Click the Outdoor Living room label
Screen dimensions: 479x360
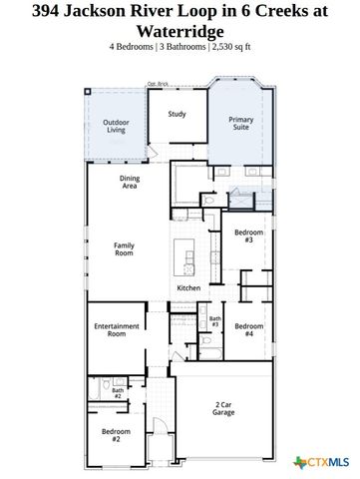point(116,126)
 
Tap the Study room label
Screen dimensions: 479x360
point(177,114)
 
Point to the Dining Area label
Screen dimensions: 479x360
point(130,182)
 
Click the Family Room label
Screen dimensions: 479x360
point(124,249)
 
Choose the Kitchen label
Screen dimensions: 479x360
point(188,287)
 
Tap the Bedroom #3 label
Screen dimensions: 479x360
point(248,236)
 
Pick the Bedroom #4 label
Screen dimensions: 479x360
point(248,329)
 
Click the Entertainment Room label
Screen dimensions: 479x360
point(116,330)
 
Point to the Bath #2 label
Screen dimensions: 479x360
point(117,394)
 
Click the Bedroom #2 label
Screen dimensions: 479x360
point(117,434)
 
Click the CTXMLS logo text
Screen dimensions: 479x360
point(330,461)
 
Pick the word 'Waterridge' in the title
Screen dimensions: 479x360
point(180,30)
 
